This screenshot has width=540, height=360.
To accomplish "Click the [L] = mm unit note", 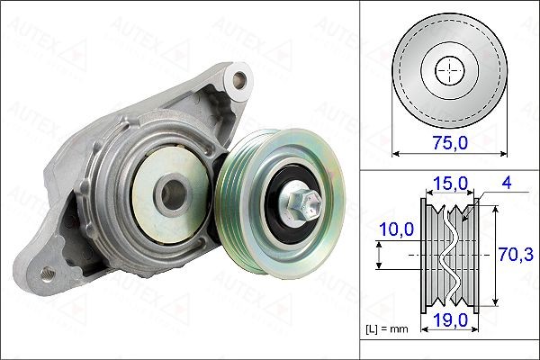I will [x=388, y=329].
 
